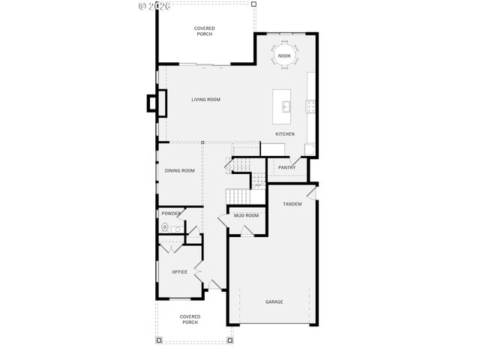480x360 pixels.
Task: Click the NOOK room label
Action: tap(284, 56)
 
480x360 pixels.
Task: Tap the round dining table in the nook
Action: tap(284, 56)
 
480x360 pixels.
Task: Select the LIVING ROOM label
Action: tap(205, 99)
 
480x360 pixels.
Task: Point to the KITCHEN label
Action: tap(285, 134)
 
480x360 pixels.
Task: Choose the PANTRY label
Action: tap(286, 167)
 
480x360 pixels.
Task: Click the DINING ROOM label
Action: tap(180, 170)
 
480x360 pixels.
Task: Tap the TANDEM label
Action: tap(292, 204)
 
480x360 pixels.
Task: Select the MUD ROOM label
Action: tap(246, 216)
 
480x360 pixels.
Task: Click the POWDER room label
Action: tap(171, 214)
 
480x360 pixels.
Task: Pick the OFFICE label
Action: tap(179, 271)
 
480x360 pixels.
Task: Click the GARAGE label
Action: tap(274, 301)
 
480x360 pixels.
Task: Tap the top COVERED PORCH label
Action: tap(204, 31)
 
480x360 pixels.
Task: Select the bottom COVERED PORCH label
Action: tap(190, 319)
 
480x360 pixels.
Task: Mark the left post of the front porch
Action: tap(159, 340)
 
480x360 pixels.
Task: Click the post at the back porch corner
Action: tap(253, 4)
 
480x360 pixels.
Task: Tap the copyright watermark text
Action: tap(155, 6)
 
